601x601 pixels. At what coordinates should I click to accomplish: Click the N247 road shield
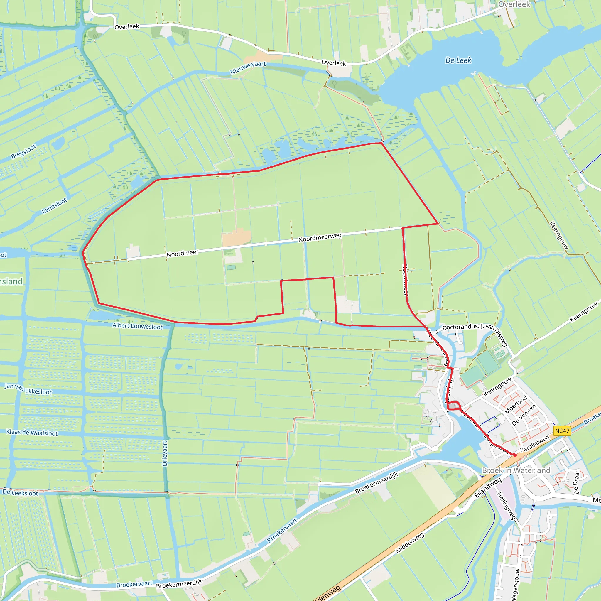coord(562,431)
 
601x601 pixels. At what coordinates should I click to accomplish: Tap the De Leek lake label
coord(458,60)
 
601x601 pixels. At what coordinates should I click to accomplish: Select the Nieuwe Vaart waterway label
coord(248,67)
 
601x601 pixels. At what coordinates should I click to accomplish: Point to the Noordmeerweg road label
coord(320,237)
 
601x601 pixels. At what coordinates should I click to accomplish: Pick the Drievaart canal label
coord(165,453)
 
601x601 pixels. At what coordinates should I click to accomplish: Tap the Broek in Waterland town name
coord(516,470)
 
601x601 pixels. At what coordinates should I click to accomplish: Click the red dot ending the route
coord(515,455)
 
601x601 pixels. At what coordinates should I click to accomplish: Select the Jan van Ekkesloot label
coord(28,389)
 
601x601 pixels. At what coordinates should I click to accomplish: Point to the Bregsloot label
coord(24,151)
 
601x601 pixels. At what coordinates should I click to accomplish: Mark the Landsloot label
coord(55,206)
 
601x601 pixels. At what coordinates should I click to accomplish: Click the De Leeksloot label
coord(20,492)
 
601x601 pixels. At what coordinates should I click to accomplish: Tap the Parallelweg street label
coord(535,444)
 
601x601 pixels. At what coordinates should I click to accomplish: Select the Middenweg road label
coord(409,543)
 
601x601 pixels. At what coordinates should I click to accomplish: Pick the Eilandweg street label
coord(488,488)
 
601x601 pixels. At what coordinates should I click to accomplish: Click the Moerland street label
coord(516,405)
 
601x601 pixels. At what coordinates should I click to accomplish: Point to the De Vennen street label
coord(524,415)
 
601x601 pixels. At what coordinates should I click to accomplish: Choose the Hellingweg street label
coord(506,506)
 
